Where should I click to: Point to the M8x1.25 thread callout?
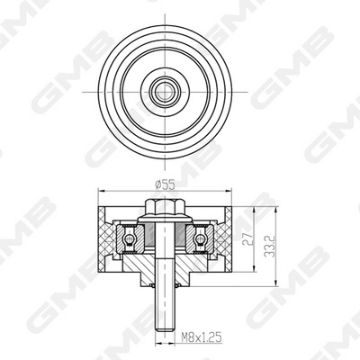tap(200, 339)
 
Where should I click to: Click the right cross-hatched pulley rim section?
tap(224, 238)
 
